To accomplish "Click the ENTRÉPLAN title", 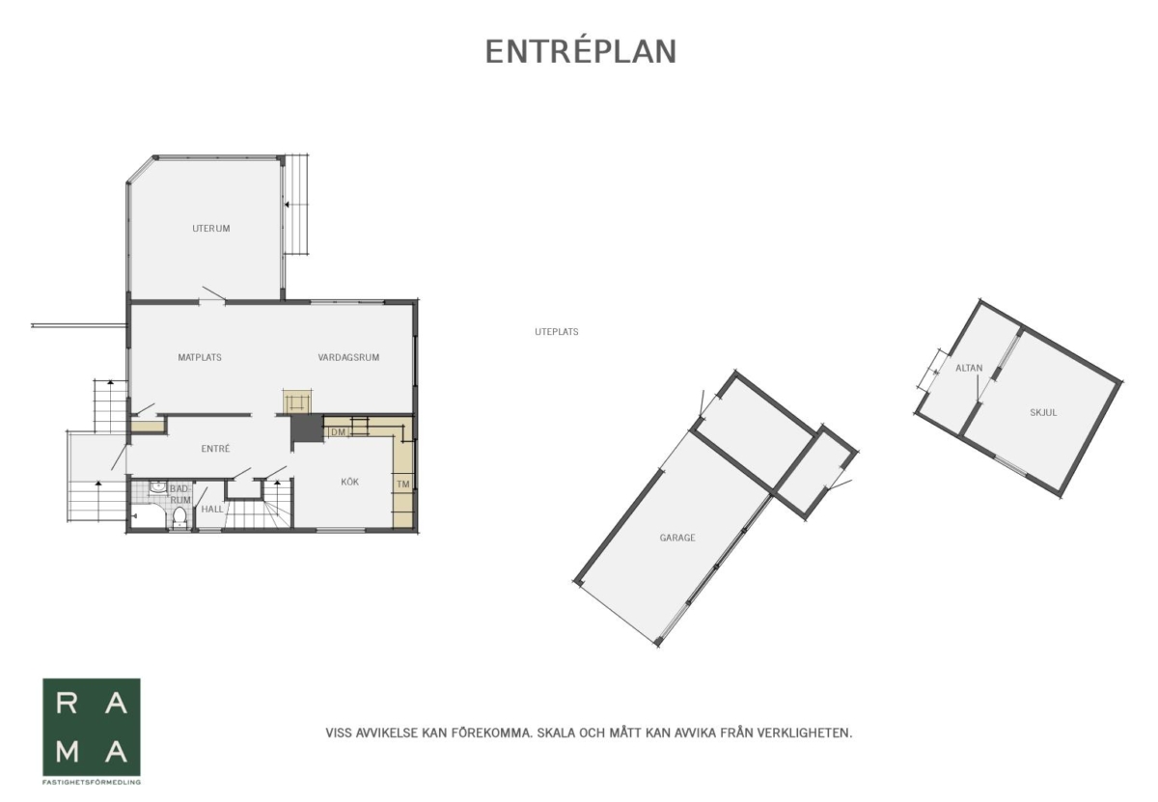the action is (x=581, y=51).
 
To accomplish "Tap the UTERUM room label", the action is (x=211, y=228).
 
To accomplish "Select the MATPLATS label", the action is (x=200, y=357).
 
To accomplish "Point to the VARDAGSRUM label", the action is (x=348, y=357).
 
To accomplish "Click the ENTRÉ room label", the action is (x=215, y=449).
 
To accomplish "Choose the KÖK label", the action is (x=349, y=482).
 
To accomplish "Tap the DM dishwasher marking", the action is (x=338, y=431).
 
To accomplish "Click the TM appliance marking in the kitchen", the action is (x=402, y=484).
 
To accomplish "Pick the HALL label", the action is (x=212, y=509).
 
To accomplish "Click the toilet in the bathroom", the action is (x=179, y=517).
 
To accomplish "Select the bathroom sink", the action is (x=157, y=488).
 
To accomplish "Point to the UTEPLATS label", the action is (x=556, y=332).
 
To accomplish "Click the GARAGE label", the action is (x=677, y=538).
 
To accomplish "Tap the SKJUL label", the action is (x=1043, y=413).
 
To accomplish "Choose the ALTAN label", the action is (x=969, y=368).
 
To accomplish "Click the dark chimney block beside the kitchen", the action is (x=307, y=429).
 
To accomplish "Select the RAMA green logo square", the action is (x=92, y=727).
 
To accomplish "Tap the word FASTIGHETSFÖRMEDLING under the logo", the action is (x=92, y=783).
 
